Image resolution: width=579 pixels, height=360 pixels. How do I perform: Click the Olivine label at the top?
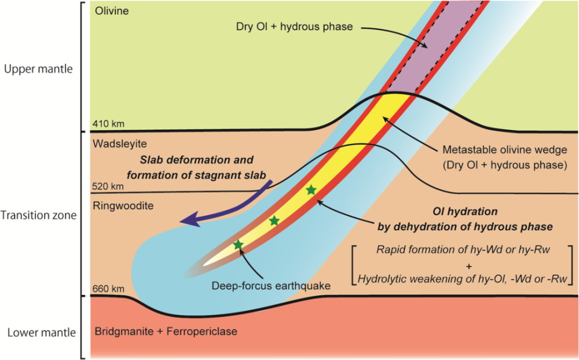[112, 11]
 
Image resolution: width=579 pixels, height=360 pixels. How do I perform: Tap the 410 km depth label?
[108, 124]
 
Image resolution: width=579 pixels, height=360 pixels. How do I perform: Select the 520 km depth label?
[108, 186]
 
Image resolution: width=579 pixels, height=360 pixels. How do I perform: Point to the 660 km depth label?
[108, 289]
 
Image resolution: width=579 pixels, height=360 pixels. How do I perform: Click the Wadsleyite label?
[120, 144]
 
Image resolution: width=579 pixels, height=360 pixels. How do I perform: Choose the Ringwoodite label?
[123, 205]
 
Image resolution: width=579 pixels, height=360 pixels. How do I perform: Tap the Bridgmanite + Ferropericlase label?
[166, 331]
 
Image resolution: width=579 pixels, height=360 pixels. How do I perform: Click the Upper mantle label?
[38, 69]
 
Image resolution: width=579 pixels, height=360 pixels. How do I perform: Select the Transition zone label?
[38, 215]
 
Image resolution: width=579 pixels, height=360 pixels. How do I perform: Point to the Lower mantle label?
[42, 333]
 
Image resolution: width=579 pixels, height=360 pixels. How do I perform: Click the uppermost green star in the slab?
[312, 190]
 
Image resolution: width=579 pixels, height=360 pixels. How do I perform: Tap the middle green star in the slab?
[274, 221]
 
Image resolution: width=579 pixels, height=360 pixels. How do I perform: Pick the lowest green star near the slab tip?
[238, 244]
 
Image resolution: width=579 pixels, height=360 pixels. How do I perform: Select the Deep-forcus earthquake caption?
[271, 285]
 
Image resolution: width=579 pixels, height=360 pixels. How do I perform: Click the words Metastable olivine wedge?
[505, 150]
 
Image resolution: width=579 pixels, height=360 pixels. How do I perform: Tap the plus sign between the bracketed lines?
[469, 266]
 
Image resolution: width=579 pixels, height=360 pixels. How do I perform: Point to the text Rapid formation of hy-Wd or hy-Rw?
[463, 249]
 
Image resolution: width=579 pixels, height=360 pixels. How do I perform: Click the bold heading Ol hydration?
[465, 212]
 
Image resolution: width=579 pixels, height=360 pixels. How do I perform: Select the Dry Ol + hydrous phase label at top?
[294, 27]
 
